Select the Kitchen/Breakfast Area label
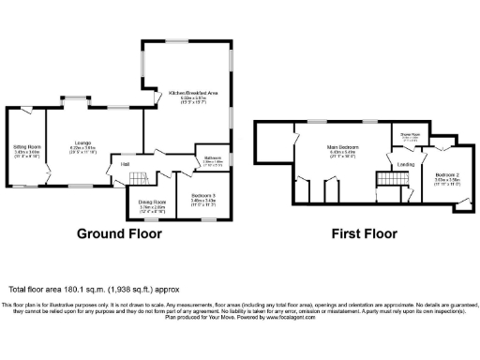(x=193, y=93)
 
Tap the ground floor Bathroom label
(x=213, y=157)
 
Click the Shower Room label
(x=411, y=134)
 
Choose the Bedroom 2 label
(x=446, y=174)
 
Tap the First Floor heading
(x=364, y=233)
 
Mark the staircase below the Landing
(x=384, y=180)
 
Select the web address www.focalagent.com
(x=288, y=318)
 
